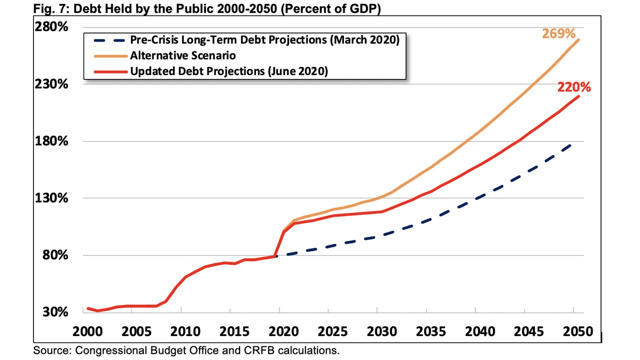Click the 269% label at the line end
pyautogui.click(x=559, y=34)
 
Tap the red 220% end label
pyautogui.click(x=574, y=87)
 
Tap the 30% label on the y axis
pyautogui.click(x=55, y=312)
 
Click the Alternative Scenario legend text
pyautogui.click(x=183, y=55)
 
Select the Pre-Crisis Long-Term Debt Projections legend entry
pyautogui.click(x=264, y=40)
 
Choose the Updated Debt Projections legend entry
pyautogui.click(x=229, y=71)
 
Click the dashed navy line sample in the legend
pyautogui.click(x=107, y=40)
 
